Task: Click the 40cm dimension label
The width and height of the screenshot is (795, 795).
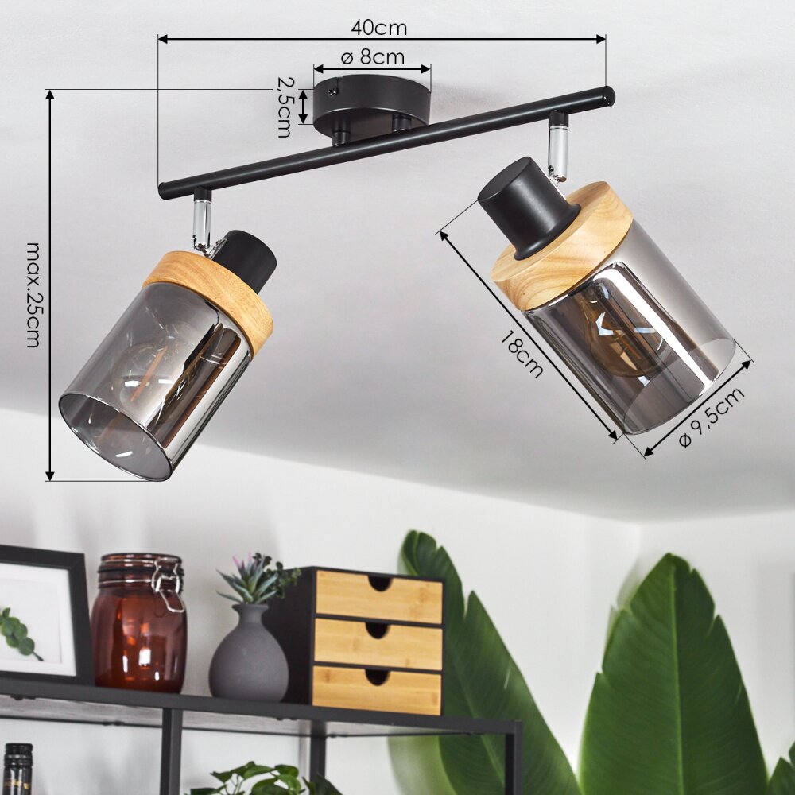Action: coord(378,27)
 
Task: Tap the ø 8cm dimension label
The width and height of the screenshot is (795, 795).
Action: coord(373,57)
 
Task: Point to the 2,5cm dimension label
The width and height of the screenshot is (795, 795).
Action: coord(285,107)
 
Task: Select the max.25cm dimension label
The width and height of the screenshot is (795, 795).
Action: coord(34,295)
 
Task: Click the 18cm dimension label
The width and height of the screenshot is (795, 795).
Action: coord(522,353)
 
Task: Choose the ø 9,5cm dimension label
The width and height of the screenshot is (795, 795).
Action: coord(712,417)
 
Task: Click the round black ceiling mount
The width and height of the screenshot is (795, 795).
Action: coord(371,106)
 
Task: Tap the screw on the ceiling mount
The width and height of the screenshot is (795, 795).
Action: coord(332,91)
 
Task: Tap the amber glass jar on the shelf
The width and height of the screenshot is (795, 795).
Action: coord(138,622)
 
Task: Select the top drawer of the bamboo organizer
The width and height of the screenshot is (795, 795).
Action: coord(378,597)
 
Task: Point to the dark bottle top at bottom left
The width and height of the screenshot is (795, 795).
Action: coord(17,769)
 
